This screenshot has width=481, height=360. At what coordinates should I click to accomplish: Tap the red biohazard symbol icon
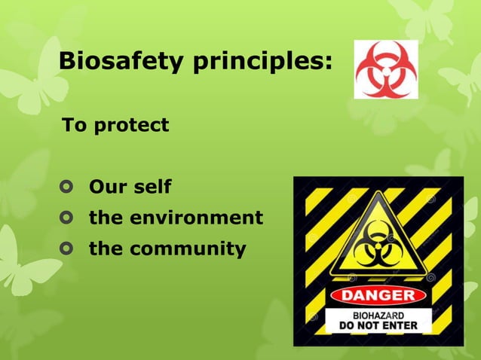click(385, 69)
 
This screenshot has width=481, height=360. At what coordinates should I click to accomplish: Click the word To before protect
click(74, 125)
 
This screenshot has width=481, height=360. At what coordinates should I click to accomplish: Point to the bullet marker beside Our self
click(69, 186)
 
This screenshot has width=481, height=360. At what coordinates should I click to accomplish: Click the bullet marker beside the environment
click(69, 218)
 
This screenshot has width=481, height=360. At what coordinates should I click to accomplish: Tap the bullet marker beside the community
click(69, 249)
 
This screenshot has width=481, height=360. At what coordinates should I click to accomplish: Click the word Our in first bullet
click(107, 186)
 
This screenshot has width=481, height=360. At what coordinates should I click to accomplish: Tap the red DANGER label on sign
click(378, 294)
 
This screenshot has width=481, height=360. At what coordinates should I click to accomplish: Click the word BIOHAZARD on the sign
click(378, 315)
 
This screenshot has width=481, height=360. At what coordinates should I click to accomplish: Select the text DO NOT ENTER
click(378, 326)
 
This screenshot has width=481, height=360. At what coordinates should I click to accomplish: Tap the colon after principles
click(328, 63)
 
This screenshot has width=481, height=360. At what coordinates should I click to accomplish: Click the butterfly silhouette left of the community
click(23, 260)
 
